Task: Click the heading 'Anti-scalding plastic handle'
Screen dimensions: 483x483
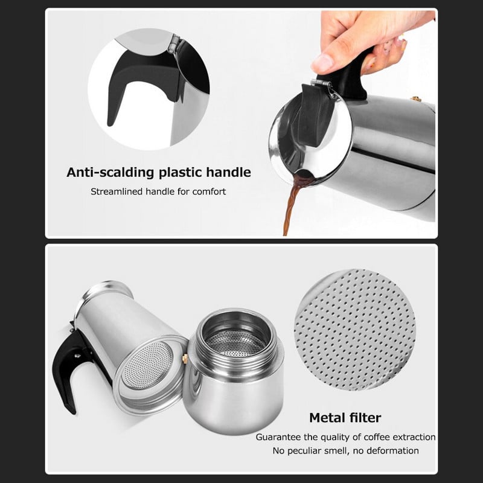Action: tap(158, 172)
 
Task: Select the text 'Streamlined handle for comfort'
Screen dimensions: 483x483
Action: tap(158, 192)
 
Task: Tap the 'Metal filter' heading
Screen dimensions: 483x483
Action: tap(345, 417)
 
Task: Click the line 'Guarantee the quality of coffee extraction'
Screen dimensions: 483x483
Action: tap(345, 437)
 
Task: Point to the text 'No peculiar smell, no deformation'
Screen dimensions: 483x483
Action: tap(345, 450)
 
